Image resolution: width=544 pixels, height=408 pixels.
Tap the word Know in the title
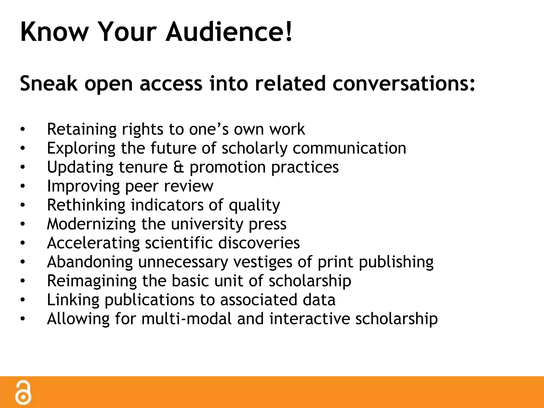54,32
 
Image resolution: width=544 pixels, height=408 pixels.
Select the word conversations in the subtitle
403,83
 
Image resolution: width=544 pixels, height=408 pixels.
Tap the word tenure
143,167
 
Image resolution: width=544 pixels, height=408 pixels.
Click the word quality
254,206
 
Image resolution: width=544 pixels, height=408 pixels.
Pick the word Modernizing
91,224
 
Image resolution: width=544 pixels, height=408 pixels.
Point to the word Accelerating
93,243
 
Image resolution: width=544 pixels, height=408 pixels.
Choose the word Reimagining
92,281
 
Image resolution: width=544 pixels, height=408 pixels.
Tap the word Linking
73,300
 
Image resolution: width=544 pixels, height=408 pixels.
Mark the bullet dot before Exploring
23,148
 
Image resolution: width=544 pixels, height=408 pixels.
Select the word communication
349,148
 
